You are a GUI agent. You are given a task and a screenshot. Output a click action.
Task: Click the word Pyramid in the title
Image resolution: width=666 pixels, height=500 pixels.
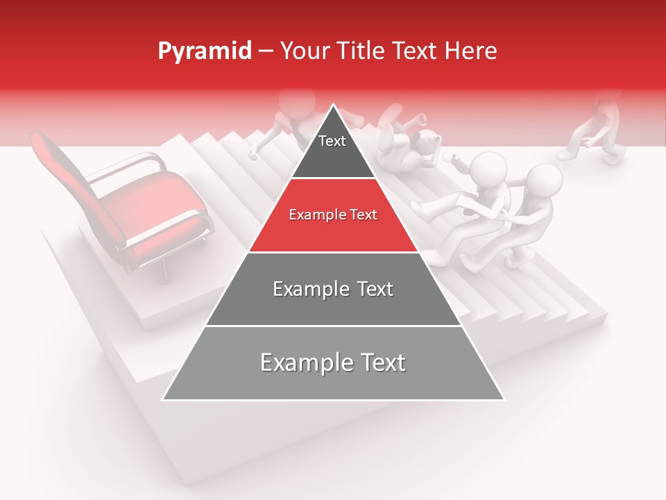coord(204,51)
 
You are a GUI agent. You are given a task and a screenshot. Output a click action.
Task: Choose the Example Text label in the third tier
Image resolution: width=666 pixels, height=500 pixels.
coord(333,289)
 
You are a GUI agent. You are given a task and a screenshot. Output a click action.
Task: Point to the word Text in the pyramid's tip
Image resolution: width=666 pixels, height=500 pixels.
coord(332,142)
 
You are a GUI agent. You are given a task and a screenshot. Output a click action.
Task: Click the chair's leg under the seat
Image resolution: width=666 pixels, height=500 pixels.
coord(164,268)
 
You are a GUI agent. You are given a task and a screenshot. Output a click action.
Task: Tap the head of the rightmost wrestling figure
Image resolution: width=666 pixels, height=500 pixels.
coord(543,179)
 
